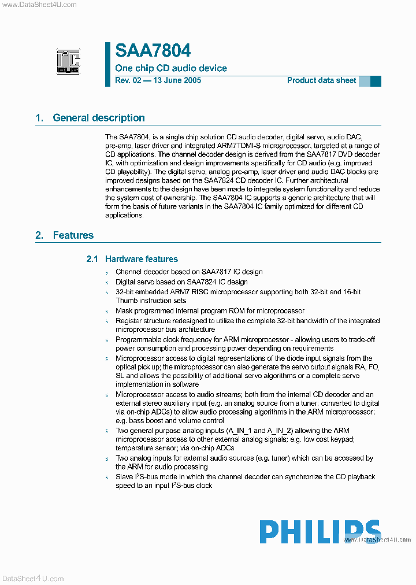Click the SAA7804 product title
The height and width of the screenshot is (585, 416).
pos(153,51)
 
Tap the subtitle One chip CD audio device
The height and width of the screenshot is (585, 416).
pos(171,68)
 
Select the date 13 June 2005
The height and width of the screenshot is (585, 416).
pos(176,80)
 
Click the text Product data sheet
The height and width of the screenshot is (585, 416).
pos(321,80)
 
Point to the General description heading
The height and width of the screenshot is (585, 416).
pos(98,118)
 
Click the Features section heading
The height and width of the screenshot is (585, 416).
pos(73,235)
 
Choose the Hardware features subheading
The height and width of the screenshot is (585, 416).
pos(141,259)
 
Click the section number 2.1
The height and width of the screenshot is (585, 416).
pos(92,259)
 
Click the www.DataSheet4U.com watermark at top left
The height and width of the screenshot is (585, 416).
pos(39,5)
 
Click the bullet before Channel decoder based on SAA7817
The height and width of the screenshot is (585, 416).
pos(107,272)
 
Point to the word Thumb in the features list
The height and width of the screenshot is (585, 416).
pos(127,301)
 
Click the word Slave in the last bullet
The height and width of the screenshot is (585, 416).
pos(124,477)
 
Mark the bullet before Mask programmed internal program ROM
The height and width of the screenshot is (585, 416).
pos(107,311)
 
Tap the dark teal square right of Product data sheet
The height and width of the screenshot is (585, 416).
pos(376,81)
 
